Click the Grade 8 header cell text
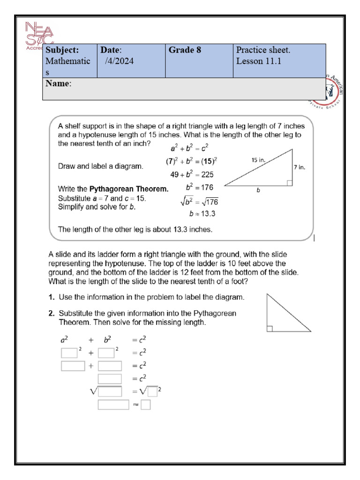click(185, 50)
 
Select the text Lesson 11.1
click(258, 61)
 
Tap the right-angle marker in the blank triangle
click(270, 329)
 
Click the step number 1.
click(51, 297)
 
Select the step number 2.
click(51, 313)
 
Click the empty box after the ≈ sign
click(146, 404)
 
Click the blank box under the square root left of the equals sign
click(110, 391)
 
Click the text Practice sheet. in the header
click(263, 50)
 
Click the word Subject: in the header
click(62, 50)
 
